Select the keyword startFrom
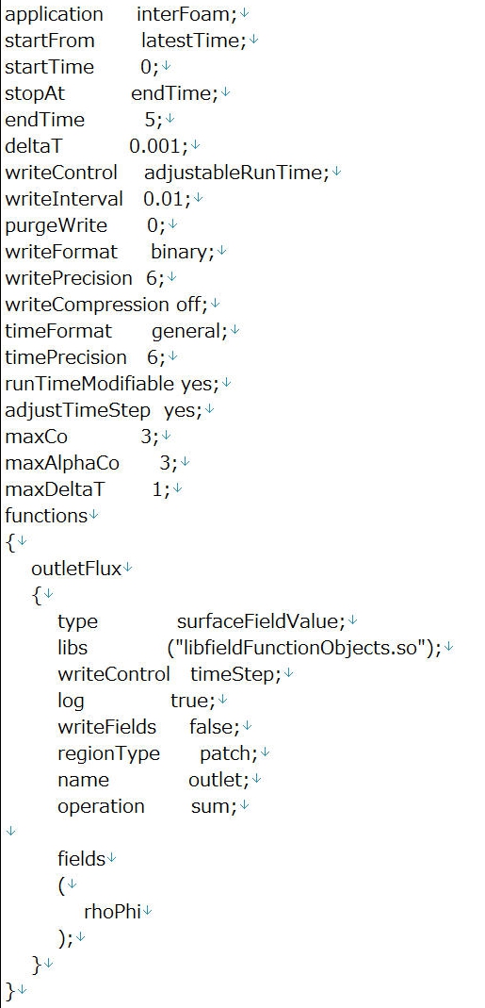[x=50, y=41]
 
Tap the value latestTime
[x=190, y=41]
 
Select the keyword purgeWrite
[x=56, y=225]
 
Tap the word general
[x=186, y=331]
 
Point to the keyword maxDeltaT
[x=55, y=489]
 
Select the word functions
[x=45, y=516]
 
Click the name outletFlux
[x=76, y=569]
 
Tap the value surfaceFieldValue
[x=257, y=621]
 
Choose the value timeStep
[x=232, y=674]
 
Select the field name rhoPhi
[x=112, y=912]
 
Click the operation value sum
[x=210, y=806]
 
